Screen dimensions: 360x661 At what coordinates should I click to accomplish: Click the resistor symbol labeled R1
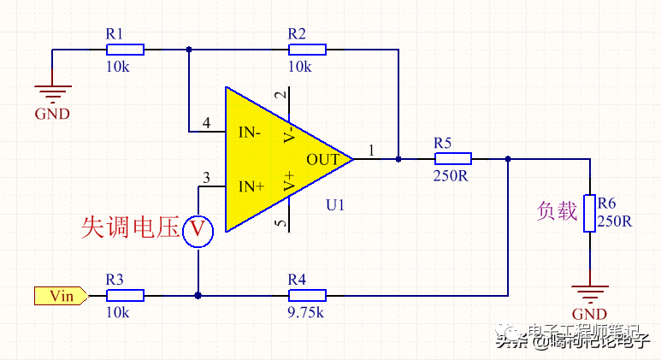point(125,50)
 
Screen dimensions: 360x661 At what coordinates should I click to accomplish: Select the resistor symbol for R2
point(306,50)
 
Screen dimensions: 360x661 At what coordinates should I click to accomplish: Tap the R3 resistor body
point(125,295)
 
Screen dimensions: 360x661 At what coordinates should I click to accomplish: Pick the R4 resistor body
point(306,295)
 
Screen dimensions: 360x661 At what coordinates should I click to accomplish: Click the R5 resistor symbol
point(452,158)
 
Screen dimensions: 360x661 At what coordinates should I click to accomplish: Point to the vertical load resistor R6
point(589,213)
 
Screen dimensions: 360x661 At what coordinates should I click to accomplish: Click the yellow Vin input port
point(60,296)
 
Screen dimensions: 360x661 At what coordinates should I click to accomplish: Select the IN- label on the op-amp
point(251,133)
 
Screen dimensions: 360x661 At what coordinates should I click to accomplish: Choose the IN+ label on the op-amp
point(251,186)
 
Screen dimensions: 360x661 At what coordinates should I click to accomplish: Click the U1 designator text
point(334,205)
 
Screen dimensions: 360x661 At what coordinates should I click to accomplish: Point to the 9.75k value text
point(305,313)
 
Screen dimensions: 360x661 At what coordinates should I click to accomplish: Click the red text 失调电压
point(130,227)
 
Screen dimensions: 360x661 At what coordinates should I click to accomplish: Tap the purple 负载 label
point(557,211)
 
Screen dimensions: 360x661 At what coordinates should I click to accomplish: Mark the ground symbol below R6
point(589,293)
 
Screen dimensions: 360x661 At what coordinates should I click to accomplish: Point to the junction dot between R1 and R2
point(189,50)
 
